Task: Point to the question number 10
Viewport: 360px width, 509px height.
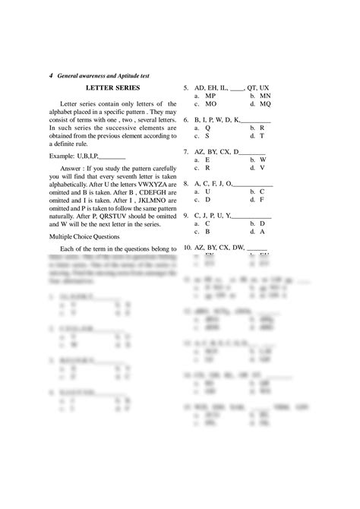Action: tap(187, 248)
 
